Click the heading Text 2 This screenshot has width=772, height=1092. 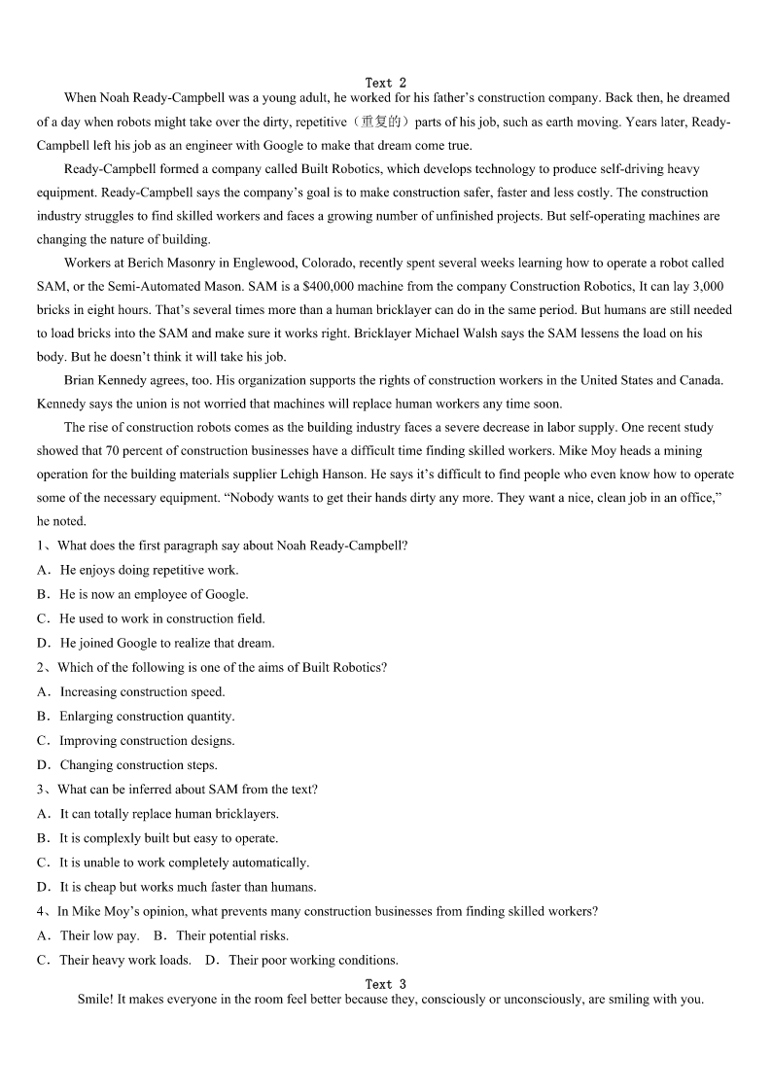(386, 83)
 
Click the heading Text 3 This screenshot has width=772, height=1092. (386, 984)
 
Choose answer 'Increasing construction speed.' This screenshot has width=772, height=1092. (142, 692)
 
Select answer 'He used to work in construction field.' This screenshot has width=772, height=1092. (161, 618)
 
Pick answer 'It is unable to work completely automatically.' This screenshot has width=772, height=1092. (184, 863)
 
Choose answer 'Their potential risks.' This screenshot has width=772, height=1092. (232, 935)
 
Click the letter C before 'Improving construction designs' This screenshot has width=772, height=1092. (43, 741)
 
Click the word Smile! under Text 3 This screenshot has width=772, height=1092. (95, 1000)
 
